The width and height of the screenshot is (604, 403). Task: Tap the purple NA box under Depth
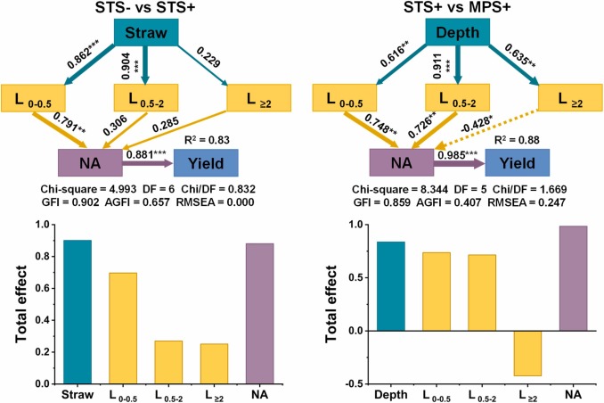(x=400, y=163)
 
